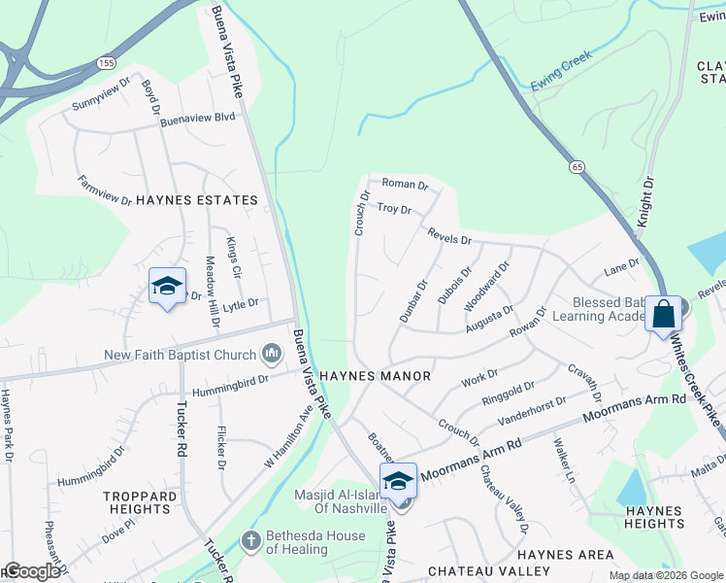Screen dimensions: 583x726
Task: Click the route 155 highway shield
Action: click(105, 61)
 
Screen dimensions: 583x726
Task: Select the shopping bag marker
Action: click(665, 315)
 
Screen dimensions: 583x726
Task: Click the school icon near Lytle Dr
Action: click(167, 287)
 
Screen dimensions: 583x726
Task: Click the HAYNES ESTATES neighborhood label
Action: click(197, 200)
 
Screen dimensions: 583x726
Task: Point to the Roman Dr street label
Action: click(405, 184)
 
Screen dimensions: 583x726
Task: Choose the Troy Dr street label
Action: click(394, 209)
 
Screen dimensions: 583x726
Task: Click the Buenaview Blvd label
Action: click(198, 117)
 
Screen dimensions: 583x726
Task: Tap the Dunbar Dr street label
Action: click(413, 301)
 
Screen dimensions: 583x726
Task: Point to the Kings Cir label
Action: click(231, 257)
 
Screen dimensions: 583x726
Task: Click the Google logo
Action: click(32, 571)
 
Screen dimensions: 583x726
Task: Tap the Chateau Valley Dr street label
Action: click(505, 498)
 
